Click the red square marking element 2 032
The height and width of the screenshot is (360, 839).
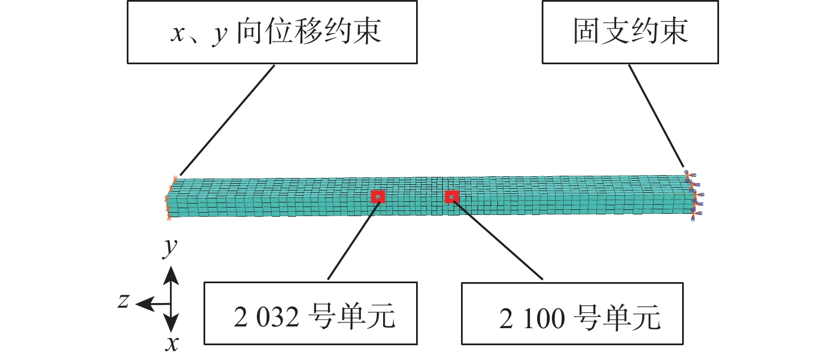[x=378, y=197]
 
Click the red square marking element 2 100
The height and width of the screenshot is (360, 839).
[x=452, y=197]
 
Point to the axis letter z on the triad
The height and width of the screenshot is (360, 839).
[x=123, y=301]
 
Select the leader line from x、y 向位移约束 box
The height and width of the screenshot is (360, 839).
[x=227, y=119]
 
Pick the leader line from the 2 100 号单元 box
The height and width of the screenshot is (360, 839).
[x=497, y=239]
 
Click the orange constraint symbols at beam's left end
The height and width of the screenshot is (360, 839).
[x=169, y=199]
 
